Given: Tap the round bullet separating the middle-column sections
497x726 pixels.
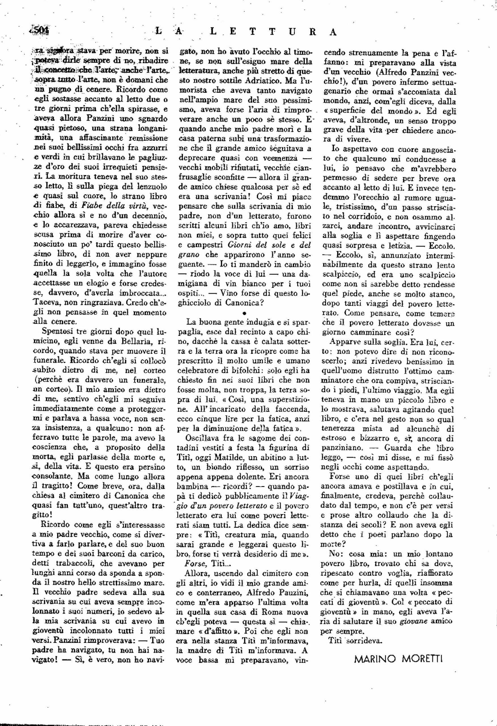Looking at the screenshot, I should click(245, 313).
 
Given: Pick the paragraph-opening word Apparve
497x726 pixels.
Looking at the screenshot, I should click(343, 342).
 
